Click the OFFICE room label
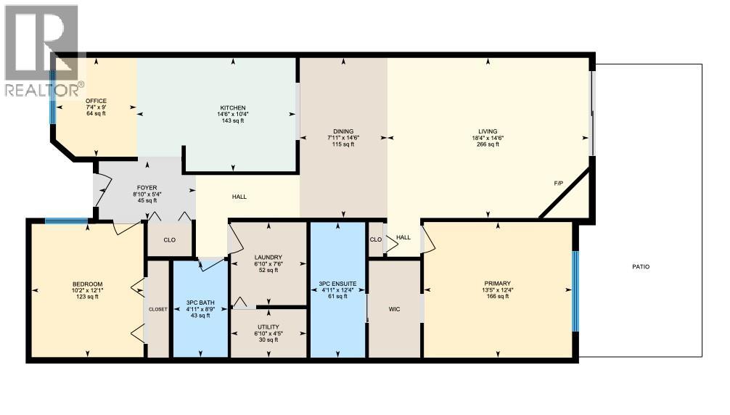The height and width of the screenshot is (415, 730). pos(96,101)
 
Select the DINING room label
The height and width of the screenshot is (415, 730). pos(343,131)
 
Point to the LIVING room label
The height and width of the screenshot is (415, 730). pos(488,131)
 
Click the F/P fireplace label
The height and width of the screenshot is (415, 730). pos(559,184)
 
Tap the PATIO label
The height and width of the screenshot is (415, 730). pos(640,267)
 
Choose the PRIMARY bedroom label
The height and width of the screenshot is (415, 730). pos(498,284)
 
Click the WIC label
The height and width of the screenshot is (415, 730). pos(394,310)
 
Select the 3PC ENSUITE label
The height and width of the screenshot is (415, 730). pos(337,283)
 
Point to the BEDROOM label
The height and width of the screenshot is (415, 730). pos(87,284)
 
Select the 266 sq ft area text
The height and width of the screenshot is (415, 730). pos(488,144)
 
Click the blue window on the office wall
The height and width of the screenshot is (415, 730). pos(52,97)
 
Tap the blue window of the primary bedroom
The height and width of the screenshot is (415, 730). pos(575,291)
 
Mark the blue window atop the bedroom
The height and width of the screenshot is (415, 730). pos(67,222)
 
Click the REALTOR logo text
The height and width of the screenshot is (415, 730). pos(44,91)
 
